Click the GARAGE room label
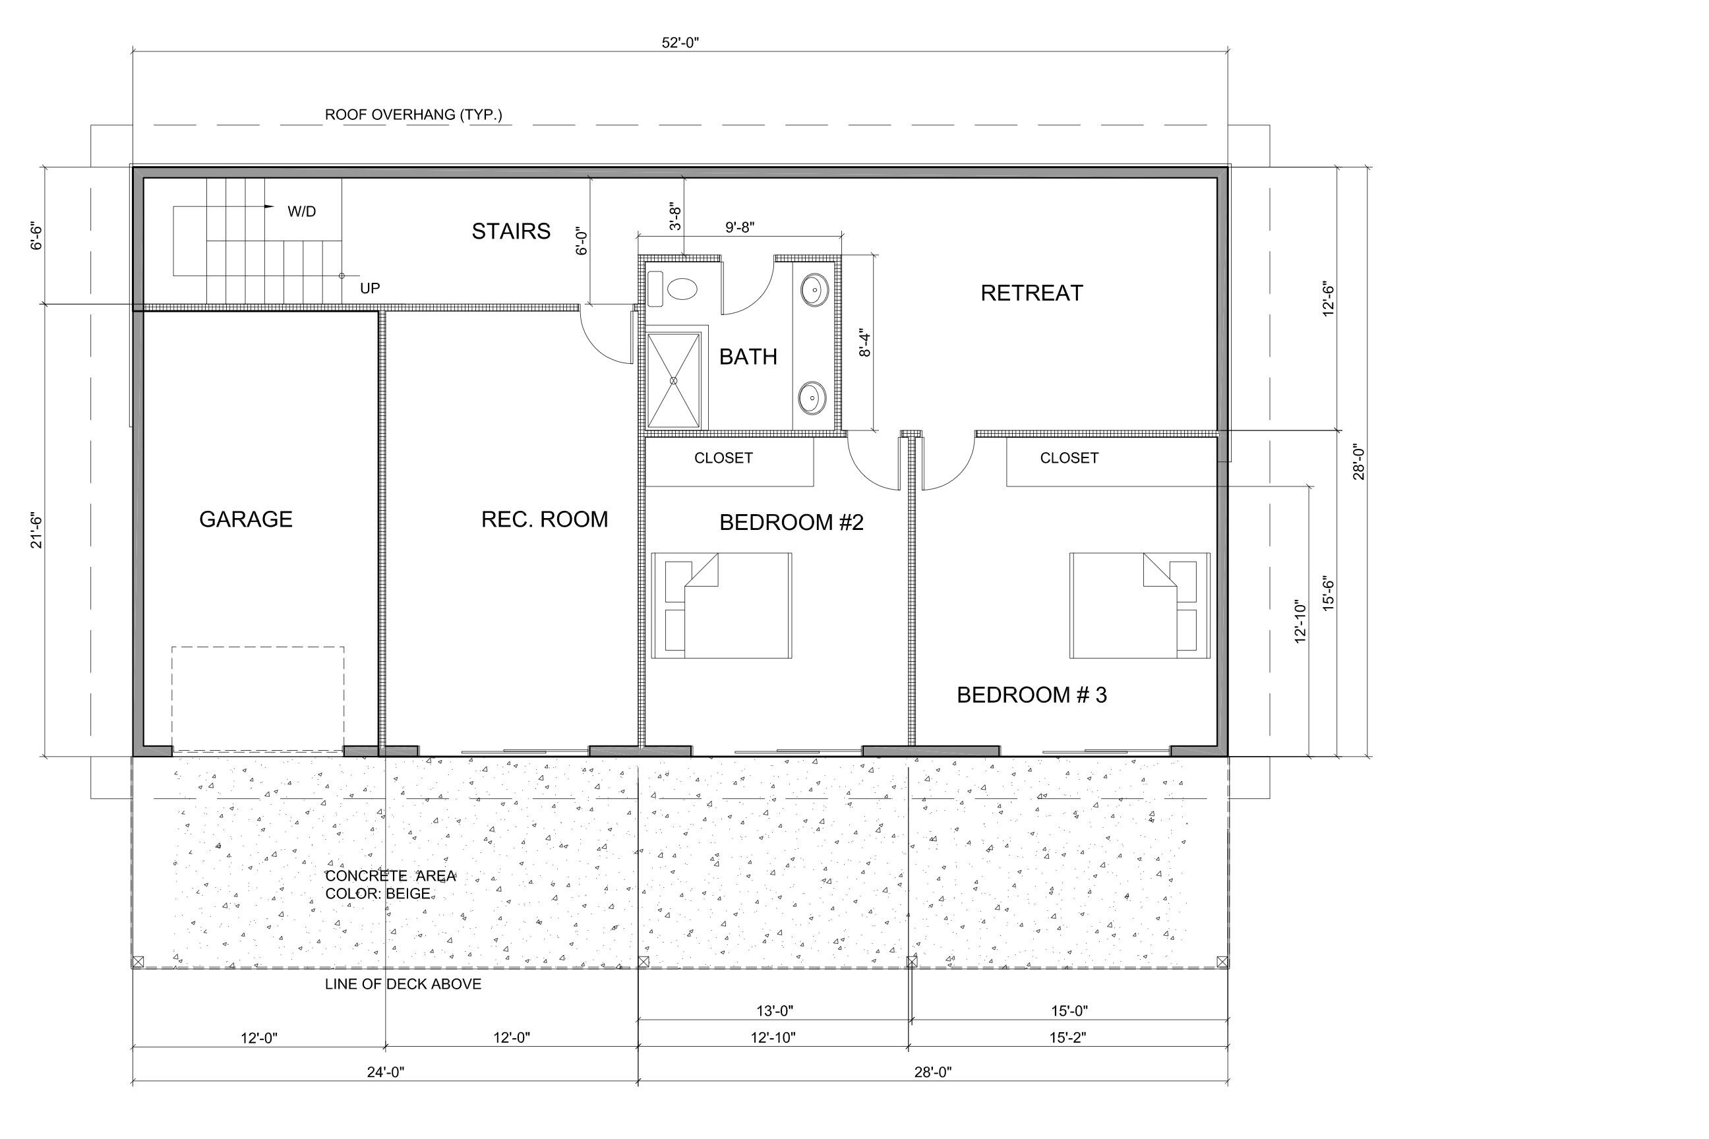[245, 519]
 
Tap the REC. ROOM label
[544, 519]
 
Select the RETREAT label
[1032, 293]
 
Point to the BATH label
[748, 357]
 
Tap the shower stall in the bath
[674, 380]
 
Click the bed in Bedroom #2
[721, 606]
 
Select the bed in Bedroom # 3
[1139, 606]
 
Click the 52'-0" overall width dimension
[680, 43]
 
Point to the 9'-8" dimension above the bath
[740, 227]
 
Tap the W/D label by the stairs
[301, 212]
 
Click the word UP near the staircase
[370, 289]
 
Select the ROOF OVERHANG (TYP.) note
[413, 115]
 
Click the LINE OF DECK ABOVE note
[404, 984]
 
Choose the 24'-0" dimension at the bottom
[385, 1072]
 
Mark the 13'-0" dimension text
[775, 1010]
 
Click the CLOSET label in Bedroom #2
[723, 458]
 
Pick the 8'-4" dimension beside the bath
[864, 343]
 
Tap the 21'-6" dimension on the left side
[37, 531]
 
